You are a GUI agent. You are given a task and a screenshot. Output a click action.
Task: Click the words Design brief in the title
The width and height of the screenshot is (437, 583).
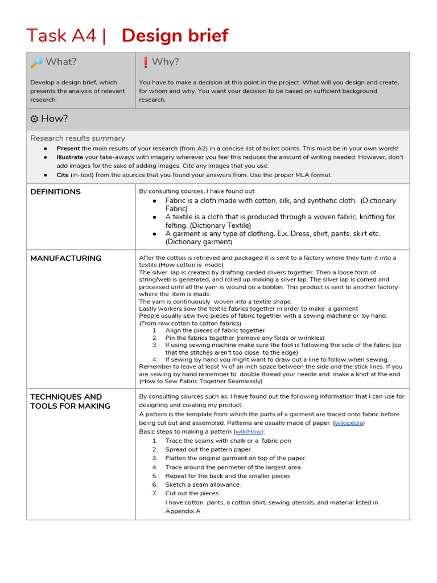(175, 35)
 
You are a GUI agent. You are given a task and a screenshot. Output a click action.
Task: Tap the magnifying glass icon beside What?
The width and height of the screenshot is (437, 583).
(36, 62)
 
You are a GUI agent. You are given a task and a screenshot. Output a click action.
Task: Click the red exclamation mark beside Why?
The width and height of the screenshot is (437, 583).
(145, 62)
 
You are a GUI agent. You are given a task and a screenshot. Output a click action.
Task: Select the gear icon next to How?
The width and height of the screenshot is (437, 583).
(35, 119)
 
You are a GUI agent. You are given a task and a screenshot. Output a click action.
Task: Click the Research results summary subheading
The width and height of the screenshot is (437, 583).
(77, 138)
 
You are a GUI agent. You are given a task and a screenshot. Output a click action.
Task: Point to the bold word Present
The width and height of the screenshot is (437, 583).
(68, 149)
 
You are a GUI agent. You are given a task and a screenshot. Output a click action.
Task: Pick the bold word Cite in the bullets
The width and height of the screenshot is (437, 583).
(63, 175)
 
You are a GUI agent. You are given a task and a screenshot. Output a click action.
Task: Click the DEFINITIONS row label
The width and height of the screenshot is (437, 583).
(55, 192)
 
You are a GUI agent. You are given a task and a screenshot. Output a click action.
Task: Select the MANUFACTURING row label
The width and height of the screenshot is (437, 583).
(65, 258)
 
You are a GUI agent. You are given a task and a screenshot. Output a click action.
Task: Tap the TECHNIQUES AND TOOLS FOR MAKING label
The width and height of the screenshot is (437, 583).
(66, 401)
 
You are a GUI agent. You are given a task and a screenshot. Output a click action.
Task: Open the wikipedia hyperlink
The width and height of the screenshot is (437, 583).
(349, 423)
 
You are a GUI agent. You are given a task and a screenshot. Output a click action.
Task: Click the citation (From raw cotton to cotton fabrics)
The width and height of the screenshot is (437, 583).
(190, 323)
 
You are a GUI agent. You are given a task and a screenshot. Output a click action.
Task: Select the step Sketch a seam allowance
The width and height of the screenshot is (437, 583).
(203, 485)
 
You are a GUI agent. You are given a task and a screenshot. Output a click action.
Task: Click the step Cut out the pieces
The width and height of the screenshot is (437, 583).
(192, 493)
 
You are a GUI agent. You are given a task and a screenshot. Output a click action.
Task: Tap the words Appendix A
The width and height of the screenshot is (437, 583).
(183, 511)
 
